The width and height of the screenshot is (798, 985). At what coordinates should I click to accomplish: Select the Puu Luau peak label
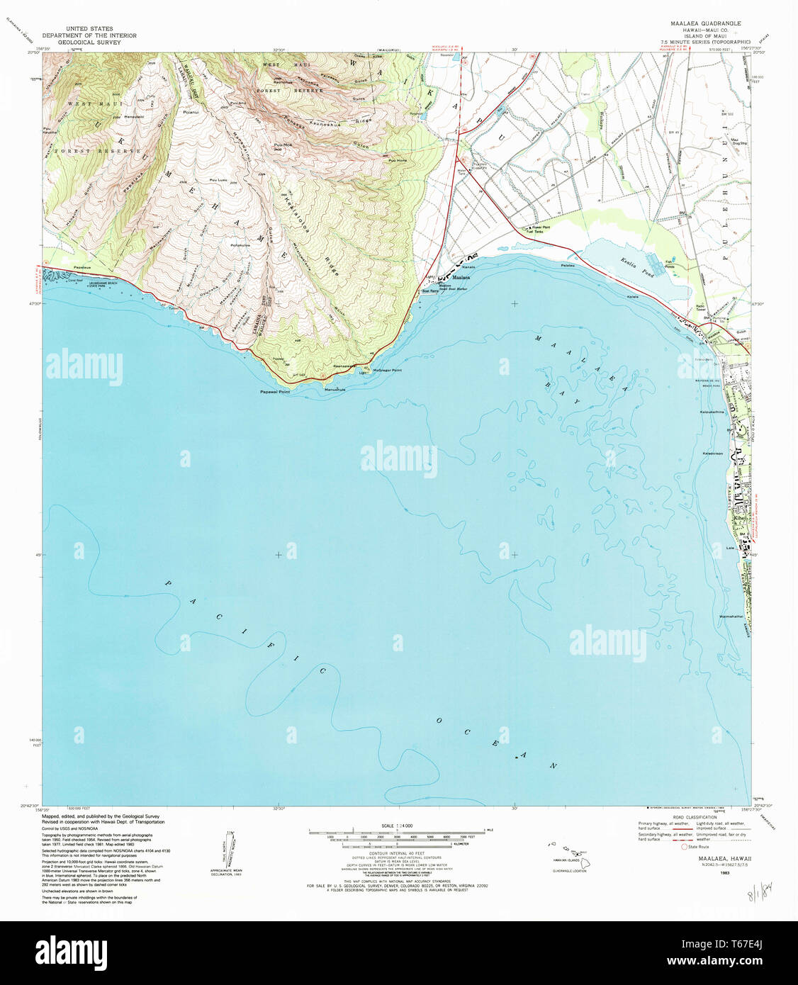point(218,181)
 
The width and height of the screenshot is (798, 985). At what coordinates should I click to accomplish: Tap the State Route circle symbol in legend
point(684,846)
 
